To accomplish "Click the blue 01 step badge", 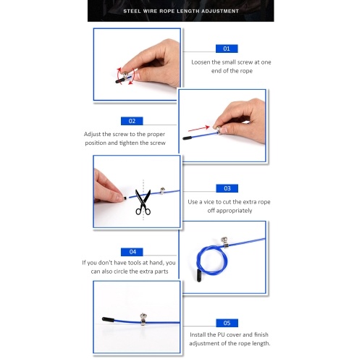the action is [227, 49].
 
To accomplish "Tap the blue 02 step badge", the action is [132, 121].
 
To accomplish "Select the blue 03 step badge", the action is [227, 188].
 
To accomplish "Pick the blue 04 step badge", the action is [132, 252].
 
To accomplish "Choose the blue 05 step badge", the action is [227, 323].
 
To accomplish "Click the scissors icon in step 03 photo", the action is [143, 202].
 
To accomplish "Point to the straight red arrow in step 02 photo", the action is [199, 129].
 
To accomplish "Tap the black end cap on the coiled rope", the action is [199, 276].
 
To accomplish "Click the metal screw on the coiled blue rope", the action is [224, 242].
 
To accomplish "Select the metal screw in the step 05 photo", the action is [143, 319].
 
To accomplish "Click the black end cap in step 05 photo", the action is [108, 319].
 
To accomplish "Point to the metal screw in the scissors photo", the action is [162, 190].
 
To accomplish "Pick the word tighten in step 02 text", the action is [129, 143].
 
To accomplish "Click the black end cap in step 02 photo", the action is [188, 138].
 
